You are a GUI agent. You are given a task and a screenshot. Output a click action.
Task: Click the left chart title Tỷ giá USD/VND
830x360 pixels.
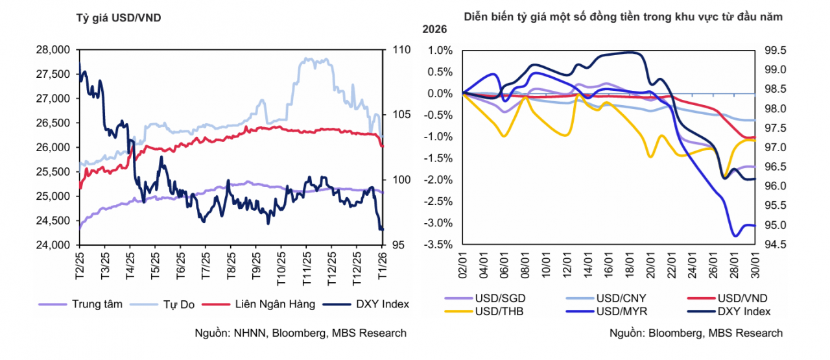119,18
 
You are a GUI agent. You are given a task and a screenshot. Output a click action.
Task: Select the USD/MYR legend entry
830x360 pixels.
619,312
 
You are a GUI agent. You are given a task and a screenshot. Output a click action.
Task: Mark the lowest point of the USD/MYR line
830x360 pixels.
735,236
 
